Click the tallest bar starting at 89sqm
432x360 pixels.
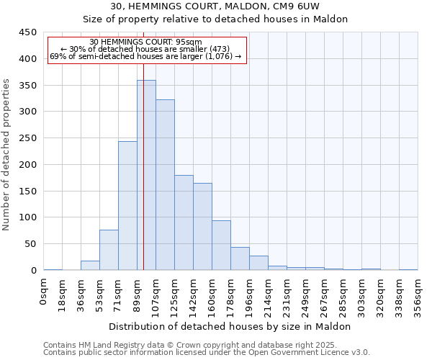pos(146,175)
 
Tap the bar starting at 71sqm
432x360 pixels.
pos(127,205)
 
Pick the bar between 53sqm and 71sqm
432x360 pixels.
pos(109,250)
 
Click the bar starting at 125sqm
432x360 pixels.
pos(184,222)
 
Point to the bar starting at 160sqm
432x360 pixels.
pos(221,245)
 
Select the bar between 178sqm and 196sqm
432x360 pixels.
pos(240,258)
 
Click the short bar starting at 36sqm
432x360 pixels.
pos(90,265)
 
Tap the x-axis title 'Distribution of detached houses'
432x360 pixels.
pos(230,326)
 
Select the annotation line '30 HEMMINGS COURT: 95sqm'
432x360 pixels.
pos(146,42)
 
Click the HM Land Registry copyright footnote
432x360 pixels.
pos(205,345)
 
